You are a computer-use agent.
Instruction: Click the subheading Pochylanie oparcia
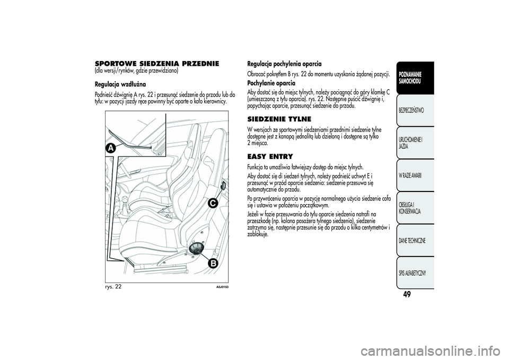[271, 83]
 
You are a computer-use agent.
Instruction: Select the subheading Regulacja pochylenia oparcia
[284, 64]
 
